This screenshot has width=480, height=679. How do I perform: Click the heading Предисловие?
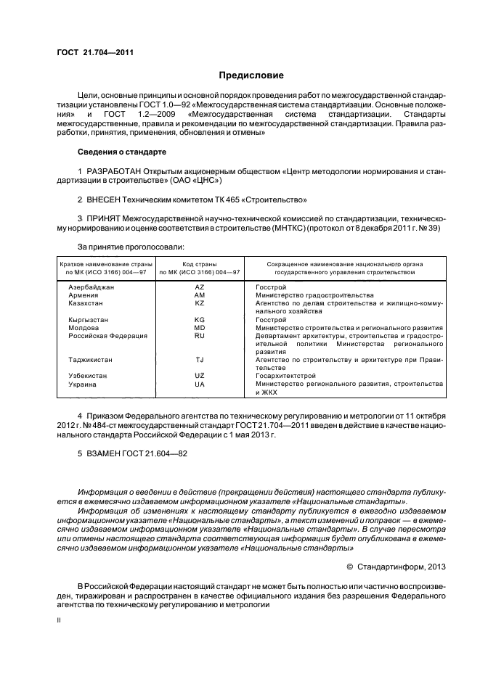tap(251, 75)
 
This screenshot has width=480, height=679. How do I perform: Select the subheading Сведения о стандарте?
tap(122, 152)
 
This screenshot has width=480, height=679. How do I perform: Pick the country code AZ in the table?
tap(200, 287)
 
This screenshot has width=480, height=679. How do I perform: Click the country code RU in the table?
tap(200, 336)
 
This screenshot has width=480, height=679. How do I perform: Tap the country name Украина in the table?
tap(82, 384)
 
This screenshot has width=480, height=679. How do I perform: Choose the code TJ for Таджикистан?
tap(200, 360)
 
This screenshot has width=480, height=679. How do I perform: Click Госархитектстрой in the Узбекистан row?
tap(286, 376)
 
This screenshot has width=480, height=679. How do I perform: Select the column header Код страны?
tap(200, 265)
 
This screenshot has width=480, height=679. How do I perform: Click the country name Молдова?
tap(84, 328)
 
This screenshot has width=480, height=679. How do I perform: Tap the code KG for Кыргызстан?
tap(200, 320)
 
